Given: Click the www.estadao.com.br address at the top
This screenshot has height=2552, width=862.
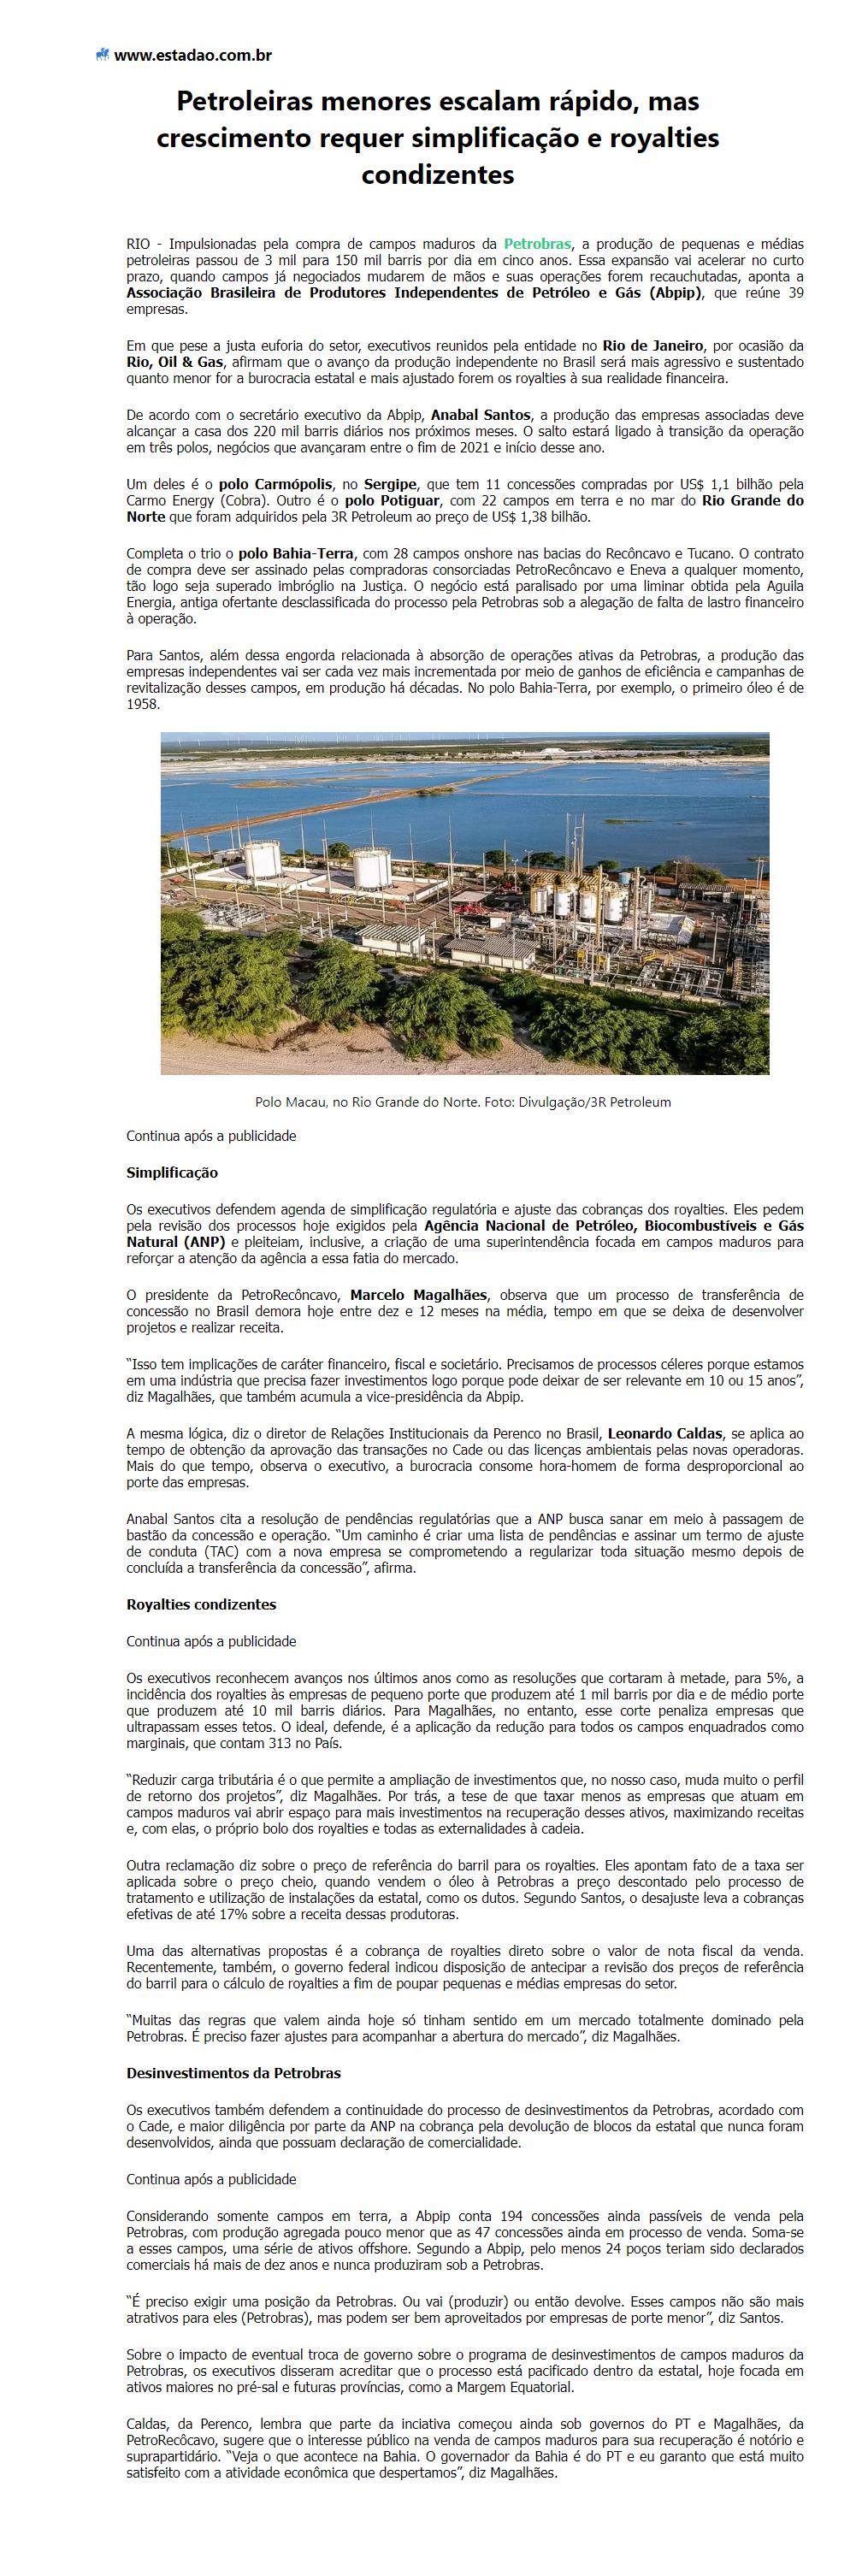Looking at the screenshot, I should coord(192,56).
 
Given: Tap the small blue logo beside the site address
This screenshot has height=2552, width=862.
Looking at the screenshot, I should coord(102,56).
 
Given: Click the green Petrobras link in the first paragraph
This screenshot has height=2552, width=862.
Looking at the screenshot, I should coord(537,244).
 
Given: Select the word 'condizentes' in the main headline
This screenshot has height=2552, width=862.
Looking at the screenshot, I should coord(437,175).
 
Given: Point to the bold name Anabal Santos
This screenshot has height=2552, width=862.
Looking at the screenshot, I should coord(481,415).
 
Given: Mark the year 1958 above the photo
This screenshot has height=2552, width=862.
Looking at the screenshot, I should coord(143,705).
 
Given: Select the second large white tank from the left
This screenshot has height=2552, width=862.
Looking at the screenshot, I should coord(373,868).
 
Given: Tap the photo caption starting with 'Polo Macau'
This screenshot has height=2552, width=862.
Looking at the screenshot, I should coord(463,1102).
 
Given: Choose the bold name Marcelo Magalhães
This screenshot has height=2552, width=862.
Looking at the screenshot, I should coord(418,1295).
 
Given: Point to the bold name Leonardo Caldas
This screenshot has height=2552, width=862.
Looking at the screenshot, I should coord(663,1433).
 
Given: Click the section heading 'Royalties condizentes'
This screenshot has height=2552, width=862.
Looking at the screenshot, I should coord(201,1604).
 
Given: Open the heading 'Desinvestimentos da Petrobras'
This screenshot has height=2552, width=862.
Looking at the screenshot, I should coord(233,2072).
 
